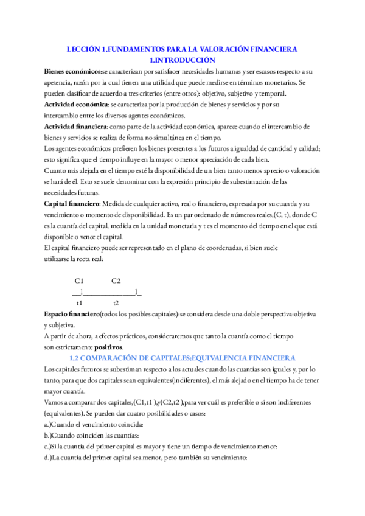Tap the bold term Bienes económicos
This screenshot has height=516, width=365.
point(72,71)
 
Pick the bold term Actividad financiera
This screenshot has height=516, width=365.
point(75,127)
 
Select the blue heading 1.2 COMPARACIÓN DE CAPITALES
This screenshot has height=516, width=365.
point(182,358)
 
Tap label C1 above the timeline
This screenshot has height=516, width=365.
point(79,281)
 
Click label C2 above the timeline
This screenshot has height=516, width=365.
point(116,281)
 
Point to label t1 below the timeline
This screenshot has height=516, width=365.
point(80,302)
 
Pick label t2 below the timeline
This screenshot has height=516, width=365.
point(116,302)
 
